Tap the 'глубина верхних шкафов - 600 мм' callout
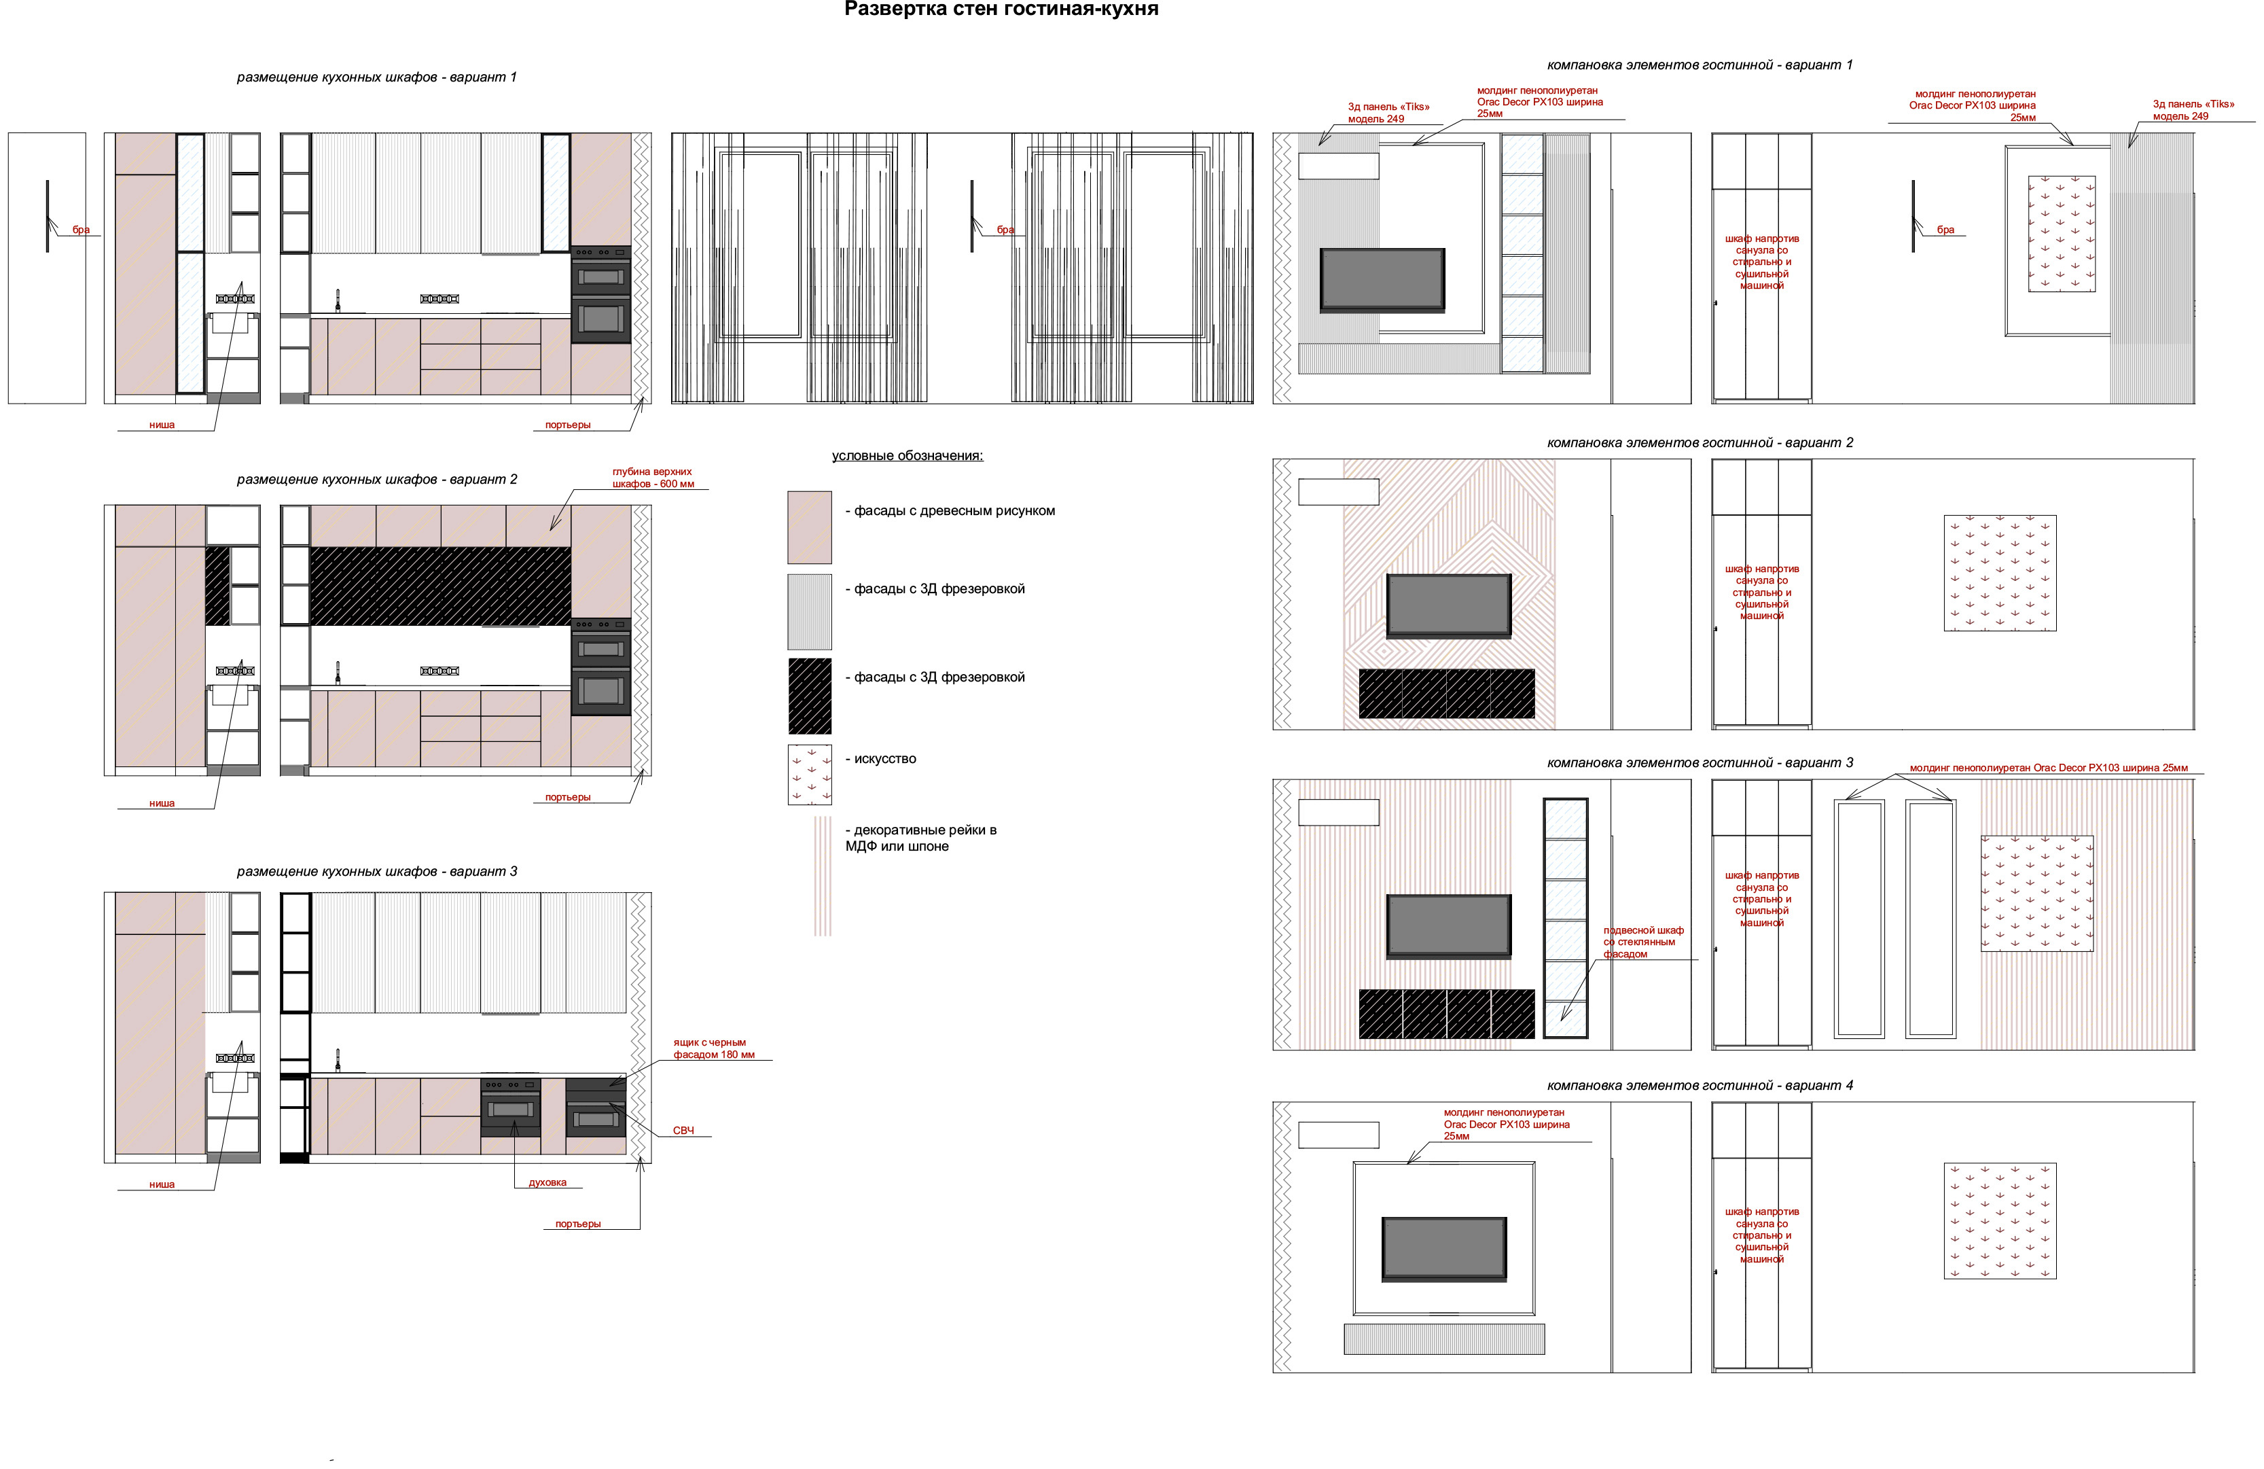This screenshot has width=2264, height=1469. [653, 478]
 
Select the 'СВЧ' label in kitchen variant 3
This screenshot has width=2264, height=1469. [683, 1131]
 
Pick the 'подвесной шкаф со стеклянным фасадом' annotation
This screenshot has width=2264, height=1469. [1643, 942]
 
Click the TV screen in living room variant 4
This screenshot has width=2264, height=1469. [1444, 1248]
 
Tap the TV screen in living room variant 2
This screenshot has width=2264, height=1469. [1449, 605]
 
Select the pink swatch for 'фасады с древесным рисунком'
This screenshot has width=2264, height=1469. [810, 527]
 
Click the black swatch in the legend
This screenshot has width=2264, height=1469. [810, 696]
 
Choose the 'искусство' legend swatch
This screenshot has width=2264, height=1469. [810, 775]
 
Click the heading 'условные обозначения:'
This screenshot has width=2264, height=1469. [908, 456]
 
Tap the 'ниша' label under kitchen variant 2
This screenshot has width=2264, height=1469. [162, 803]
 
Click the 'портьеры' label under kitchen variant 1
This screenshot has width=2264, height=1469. [568, 425]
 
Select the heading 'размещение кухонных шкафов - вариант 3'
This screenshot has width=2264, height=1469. [377, 872]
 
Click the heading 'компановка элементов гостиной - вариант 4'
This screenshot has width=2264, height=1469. [1700, 1086]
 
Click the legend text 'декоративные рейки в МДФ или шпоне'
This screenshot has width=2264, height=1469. [921, 838]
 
